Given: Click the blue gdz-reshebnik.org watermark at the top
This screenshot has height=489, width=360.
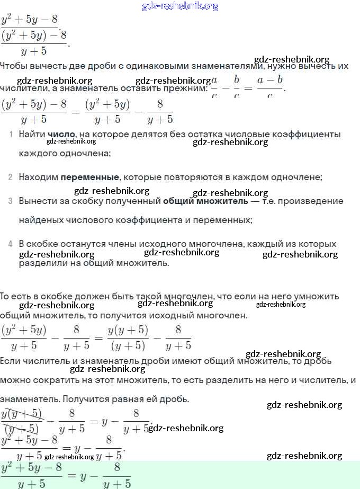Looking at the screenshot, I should tap(180, 6).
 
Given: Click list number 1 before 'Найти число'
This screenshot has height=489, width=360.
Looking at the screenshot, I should tap(11, 135).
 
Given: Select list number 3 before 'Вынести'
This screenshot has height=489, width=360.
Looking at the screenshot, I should tap(11, 201).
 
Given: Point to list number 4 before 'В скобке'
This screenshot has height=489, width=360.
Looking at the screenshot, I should tap(11, 244).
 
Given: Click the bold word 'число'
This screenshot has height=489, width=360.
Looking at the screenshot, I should tap(61, 135).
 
